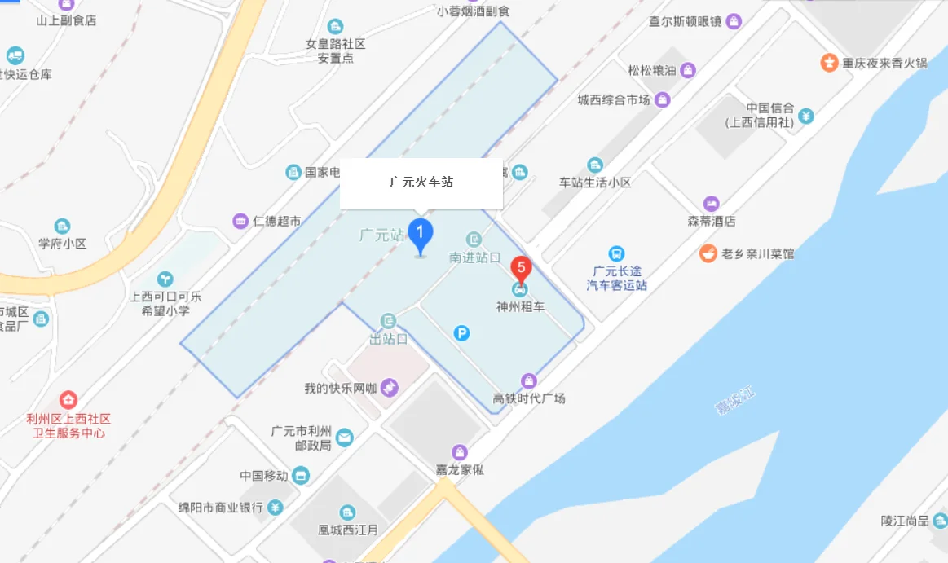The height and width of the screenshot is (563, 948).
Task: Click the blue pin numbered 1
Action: click(420, 235)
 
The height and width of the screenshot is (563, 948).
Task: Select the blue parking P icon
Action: click(461, 333)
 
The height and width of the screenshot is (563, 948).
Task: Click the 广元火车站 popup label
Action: click(421, 183)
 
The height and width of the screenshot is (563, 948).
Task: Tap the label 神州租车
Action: click(520, 307)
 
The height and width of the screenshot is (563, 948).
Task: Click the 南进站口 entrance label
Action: click(474, 257)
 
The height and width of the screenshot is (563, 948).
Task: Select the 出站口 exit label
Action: click(388, 339)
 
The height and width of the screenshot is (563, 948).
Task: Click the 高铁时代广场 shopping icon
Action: click(529, 380)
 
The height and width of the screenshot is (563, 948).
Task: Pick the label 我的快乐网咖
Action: click(341, 389)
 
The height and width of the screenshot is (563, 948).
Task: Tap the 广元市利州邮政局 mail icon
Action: click(344, 438)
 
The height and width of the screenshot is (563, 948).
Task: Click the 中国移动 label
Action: click(264, 476)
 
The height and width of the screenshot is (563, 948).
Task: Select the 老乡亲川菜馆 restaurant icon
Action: click(708, 253)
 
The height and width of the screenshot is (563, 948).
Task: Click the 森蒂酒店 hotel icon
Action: click(712, 204)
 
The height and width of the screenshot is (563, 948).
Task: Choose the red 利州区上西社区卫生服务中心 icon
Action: click(68, 400)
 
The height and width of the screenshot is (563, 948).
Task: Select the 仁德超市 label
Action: click(276, 221)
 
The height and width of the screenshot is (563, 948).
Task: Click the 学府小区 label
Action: click(62, 244)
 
